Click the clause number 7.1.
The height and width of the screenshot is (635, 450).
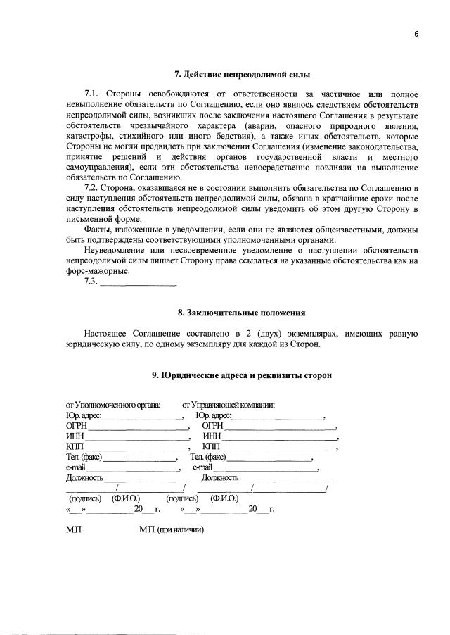tap(93, 94)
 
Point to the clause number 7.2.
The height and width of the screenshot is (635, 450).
tap(93, 189)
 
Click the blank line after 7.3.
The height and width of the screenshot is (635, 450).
tap(139, 283)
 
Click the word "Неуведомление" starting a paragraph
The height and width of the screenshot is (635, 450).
tap(116, 251)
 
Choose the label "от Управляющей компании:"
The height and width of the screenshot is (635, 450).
tap(229, 405)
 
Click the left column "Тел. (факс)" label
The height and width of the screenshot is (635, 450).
tap(84, 458)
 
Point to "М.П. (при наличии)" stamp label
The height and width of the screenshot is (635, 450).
tap(172, 530)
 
